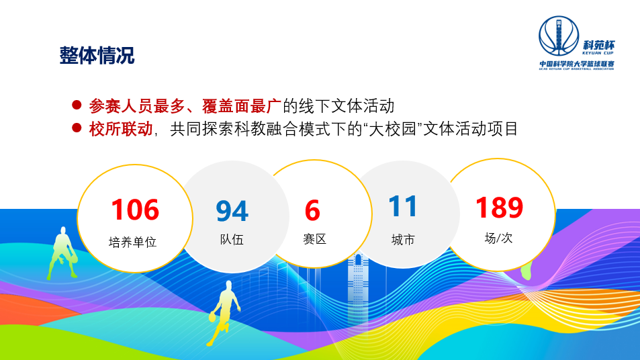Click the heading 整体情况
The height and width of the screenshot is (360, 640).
pyautogui.click(x=97, y=56)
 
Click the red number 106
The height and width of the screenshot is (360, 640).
pyautogui.click(x=135, y=210)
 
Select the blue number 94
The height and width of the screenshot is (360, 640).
pyautogui.click(x=232, y=211)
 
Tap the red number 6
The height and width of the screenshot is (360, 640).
pyautogui.click(x=312, y=211)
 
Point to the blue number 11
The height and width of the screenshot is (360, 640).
pyautogui.click(x=402, y=207)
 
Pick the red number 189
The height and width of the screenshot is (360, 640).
pyautogui.click(x=499, y=208)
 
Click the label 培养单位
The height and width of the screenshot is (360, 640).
pyautogui.click(x=133, y=242)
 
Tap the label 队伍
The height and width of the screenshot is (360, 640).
pyautogui.click(x=232, y=239)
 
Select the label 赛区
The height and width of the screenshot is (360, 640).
pyautogui.click(x=314, y=239)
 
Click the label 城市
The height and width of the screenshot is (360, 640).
pyautogui.click(x=403, y=240)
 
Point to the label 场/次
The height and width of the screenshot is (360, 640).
pyautogui.click(x=498, y=238)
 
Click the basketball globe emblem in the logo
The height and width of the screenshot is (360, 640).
pyautogui.click(x=559, y=36)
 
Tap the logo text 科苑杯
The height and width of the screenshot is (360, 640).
pyautogui.click(x=598, y=45)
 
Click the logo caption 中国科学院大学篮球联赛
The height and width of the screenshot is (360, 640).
pyautogui.click(x=577, y=64)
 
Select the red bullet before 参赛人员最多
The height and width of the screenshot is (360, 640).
pyautogui.click(x=77, y=105)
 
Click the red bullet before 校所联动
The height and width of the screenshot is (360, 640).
pyautogui.click(x=77, y=128)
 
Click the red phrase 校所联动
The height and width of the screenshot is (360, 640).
pyautogui.click(x=121, y=129)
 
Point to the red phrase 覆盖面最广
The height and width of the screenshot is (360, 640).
pyautogui.click(x=242, y=106)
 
